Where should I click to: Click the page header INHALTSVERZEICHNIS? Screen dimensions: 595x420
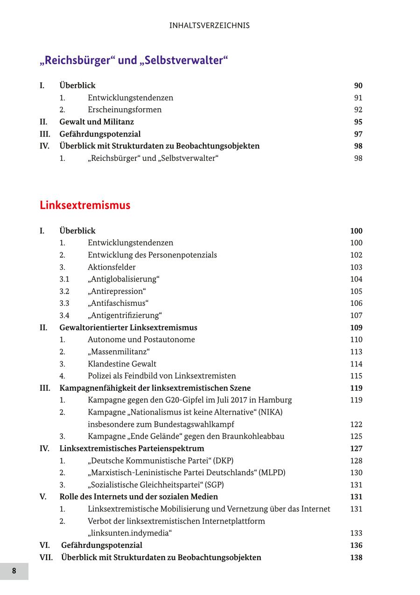(x=210, y=26)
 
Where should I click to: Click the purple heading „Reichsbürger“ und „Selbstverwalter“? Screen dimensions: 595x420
(x=134, y=61)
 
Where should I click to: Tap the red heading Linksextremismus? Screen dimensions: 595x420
(x=85, y=206)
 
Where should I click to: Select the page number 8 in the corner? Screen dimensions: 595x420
(x=14, y=571)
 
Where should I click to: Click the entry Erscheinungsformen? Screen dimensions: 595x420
(x=125, y=110)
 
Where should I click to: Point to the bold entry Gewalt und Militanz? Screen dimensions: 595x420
(x=97, y=122)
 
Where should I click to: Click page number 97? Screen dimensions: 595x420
(x=358, y=134)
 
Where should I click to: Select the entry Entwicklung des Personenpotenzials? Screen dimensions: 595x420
(x=152, y=255)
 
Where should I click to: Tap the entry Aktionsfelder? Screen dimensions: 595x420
(x=112, y=267)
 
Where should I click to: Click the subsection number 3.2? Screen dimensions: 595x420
(x=64, y=291)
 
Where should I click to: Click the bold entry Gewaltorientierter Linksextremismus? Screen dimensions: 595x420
(x=128, y=328)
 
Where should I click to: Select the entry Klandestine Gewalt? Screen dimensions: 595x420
(x=122, y=364)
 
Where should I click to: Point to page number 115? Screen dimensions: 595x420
(x=356, y=376)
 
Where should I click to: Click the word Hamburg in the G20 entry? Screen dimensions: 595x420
(x=276, y=400)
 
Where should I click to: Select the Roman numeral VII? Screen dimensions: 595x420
(x=46, y=558)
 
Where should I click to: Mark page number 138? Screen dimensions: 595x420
(x=356, y=558)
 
